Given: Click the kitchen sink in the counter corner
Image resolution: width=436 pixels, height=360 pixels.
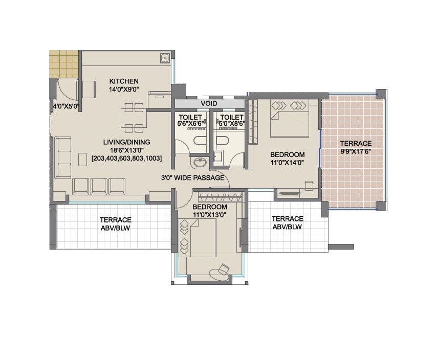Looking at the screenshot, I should pos(165,58).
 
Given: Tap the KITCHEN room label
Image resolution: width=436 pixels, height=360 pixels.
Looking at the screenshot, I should pos(123,81).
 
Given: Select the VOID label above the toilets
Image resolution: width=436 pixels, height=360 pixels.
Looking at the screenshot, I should pos(209,103).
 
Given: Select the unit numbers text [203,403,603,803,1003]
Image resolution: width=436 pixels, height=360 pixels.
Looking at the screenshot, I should pos(126,159).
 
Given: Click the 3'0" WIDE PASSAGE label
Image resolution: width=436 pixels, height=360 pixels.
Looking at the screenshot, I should pos(192,178).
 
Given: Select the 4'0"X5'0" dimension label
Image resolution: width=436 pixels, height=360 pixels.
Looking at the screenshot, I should pos(66,107).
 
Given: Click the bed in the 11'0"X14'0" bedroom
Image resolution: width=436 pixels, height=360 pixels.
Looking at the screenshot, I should pos(289,119).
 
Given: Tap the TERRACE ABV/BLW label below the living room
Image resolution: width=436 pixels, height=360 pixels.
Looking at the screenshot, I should pos(116,223).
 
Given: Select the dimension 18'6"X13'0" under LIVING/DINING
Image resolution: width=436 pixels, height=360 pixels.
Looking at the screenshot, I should pos(126,150).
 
